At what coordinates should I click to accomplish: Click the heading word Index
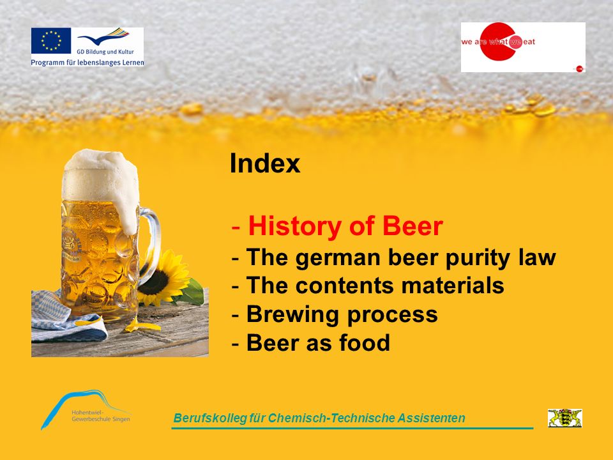pyautogui.click(x=265, y=163)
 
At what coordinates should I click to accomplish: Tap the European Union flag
pyautogui.click(x=51, y=40)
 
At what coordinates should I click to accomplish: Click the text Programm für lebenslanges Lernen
pyautogui.click(x=87, y=62)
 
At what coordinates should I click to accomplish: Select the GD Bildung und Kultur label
pyautogui.click(x=105, y=51)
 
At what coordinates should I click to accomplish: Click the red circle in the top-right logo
pyautogui.click(x=498, y=42)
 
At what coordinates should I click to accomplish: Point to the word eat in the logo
pyautogui.click(x=529, y=42)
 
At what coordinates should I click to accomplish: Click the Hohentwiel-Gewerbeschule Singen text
pyautogui.click(x=100, y=416)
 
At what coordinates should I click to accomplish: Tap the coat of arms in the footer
pyautogui.click(x=564, y=418)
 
